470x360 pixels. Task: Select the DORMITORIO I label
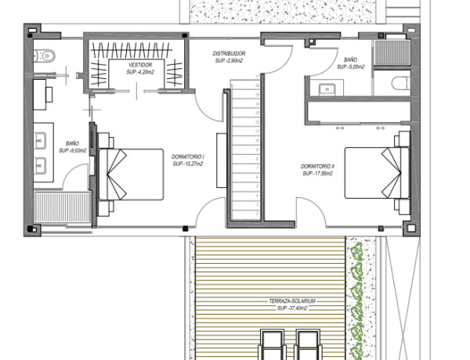(x=188, y=157)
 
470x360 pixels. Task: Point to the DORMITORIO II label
(x=317, y=167)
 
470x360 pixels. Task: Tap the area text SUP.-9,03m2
(x=73, y=152)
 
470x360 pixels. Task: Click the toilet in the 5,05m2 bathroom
(x=399, y=83)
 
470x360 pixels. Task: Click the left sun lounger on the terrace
(x=273, y=344)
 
